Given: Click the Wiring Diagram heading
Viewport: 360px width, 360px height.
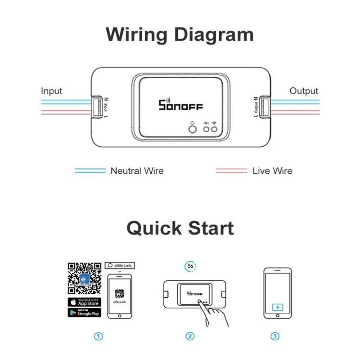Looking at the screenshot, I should tap(180, 35).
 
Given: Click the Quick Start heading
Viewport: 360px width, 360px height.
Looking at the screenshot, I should tap(180, 228).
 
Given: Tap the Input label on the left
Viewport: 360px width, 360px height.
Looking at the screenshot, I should tap(51, 91).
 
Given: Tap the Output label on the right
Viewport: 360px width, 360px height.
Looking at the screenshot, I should tap(304, 91).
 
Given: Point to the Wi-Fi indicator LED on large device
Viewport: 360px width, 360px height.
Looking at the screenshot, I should tap(215, 130).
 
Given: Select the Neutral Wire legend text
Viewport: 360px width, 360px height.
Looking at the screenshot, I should tap(137, 171).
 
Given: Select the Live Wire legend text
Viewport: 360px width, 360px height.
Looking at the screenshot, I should tap(272, 171).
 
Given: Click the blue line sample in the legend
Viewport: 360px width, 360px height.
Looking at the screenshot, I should tap(90, 171).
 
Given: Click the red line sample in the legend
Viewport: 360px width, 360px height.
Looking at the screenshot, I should tap(231, 171).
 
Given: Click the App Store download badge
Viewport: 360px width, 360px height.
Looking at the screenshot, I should tap(84, 302).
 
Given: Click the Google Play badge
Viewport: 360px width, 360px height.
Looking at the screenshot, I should tap(84, 312).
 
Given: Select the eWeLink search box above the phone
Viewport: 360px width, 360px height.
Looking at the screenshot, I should tap(119, 265).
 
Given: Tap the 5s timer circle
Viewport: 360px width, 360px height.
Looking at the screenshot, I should tap(191, 266).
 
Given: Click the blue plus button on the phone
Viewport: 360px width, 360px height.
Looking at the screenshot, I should tap(278, 307).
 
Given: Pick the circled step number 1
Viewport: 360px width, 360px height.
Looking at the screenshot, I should tap(98, 336).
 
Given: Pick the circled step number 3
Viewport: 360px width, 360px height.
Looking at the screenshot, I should tap(275, 336).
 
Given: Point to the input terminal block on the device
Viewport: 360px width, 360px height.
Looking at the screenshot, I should tap(97, 108).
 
